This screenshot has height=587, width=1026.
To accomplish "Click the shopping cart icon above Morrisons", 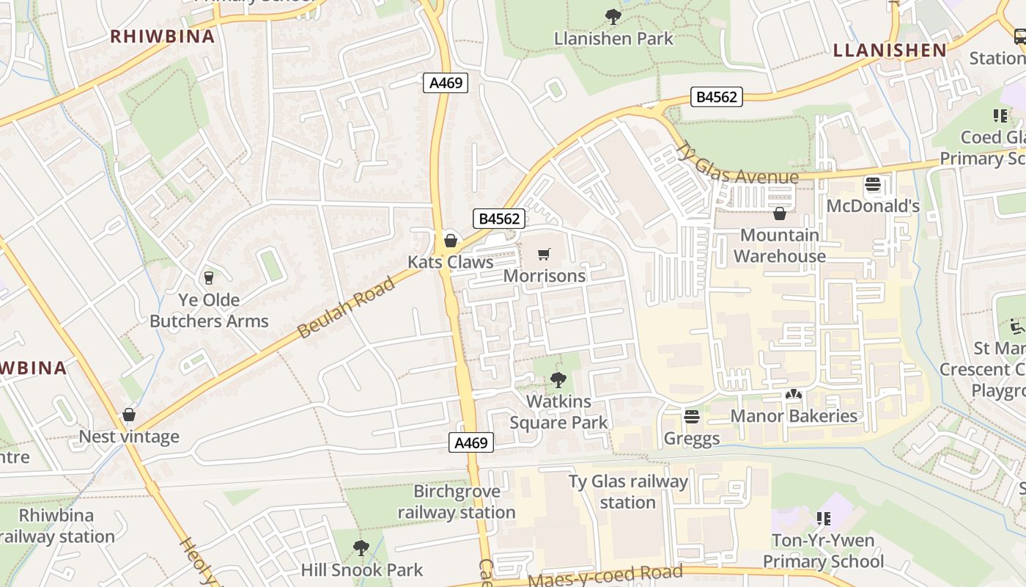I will [x=544, y=255].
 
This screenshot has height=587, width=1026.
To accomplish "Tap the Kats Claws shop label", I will [x=450, y=262].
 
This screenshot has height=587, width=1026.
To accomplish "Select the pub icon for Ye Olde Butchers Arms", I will [x=209, y=277].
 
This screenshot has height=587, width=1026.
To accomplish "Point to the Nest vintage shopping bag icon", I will [x=129, y=415].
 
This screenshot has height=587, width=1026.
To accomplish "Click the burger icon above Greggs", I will [x=691, y=417].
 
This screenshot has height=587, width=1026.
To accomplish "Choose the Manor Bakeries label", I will [x=794, y=416].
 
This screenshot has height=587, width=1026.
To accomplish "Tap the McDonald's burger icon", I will [x=872, y=184].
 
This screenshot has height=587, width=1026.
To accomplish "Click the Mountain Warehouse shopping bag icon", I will [x=780, y=214].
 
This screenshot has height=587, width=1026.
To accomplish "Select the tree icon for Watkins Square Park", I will [x=558, y=379].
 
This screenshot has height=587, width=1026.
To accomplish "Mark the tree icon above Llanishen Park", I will [x=613, y=16].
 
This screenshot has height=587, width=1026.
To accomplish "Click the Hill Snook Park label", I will [x=362, y=570].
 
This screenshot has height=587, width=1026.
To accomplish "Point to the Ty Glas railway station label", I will [x=628, y=492].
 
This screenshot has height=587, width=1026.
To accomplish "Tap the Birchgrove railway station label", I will [x=457, y=502].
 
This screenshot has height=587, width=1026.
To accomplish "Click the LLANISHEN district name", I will [x=890, y=50].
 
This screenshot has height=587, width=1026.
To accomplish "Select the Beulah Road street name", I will [x=347, y=307].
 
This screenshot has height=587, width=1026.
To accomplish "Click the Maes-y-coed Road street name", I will [x=605, y=575].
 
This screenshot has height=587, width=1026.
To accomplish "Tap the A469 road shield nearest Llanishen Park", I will [x=446, y=83].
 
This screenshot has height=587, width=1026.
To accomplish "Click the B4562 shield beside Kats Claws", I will [x=501, y=219].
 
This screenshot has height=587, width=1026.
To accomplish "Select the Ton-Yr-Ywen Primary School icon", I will [x=824, y=519].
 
